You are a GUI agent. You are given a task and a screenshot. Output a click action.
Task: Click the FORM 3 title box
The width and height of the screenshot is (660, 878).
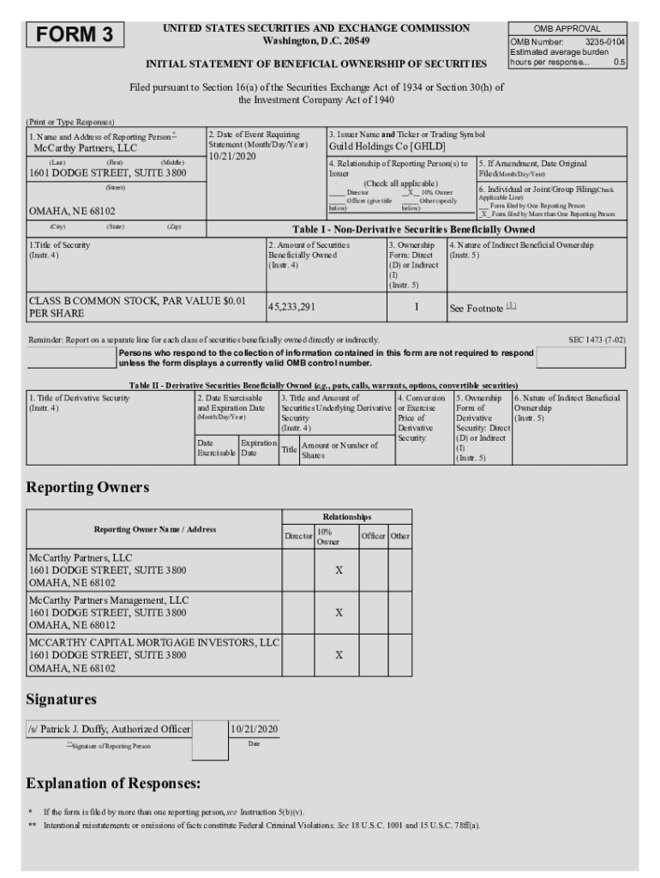pyautogui.click(x=75, y=35)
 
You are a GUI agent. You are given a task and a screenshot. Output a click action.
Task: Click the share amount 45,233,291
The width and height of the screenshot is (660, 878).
pyautogui.click(x=292, y=306)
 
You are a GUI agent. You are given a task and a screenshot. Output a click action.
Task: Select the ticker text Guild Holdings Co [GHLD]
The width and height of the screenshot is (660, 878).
pyautogui.click(x=377, y=147)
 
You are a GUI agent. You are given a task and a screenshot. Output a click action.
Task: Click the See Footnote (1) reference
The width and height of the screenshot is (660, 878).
pyautogui.click(x=483, y=307)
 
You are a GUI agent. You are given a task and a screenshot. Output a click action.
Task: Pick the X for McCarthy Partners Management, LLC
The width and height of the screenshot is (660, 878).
pyautogui.click(x=339, y=613)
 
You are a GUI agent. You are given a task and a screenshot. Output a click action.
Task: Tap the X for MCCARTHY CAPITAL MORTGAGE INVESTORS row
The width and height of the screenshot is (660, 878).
pyautogui.click(x=339, y=654)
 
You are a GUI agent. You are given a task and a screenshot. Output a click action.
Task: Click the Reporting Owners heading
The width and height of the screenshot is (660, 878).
pyautogui.click(x=87, y=488)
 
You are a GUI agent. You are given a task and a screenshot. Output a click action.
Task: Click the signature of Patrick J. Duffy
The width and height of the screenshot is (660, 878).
pyautogui.click(x=109, y=729)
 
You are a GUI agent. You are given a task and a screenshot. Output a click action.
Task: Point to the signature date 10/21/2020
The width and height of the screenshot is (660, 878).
pyautogui.click(x=254, y=729)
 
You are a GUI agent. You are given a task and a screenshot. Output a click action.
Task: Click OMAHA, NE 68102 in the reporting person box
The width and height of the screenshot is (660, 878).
pyautogui.click(x=60, y=210)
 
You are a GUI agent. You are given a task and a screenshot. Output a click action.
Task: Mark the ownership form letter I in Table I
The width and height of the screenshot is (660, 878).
pyautogui.click(x=416, y=306)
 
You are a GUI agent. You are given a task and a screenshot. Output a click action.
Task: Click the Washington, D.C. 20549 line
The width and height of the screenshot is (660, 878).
pyautogui.click(x=315, y=41)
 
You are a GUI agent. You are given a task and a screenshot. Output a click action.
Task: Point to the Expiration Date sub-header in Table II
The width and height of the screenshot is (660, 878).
pyautogui.click(x=258, y=448)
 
